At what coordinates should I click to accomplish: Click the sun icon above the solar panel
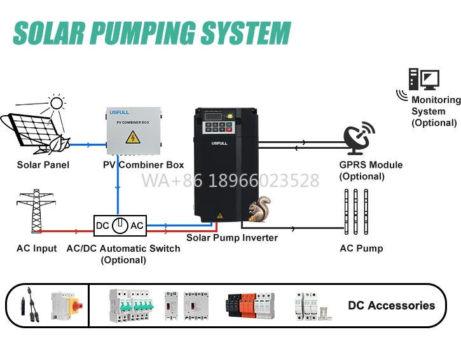pos(57,103)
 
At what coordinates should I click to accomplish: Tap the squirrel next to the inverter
pos(259,209)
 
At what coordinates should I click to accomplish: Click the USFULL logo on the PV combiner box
pos(119,113)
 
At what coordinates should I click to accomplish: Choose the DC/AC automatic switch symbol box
pos(120,226)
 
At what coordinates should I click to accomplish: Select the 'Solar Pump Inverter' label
pos(232,238)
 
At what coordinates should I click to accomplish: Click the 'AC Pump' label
pos(361,248)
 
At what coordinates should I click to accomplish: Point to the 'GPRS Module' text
pos(370,165)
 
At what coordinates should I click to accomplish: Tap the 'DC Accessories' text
pos(391,305)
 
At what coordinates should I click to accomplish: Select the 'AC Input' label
pos(36,248)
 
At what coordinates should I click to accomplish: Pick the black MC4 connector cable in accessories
pos(29,303)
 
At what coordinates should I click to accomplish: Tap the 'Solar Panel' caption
pos(43,165)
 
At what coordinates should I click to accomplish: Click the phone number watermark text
pos(230,181)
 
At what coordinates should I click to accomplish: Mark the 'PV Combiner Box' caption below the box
pos(143,165)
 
